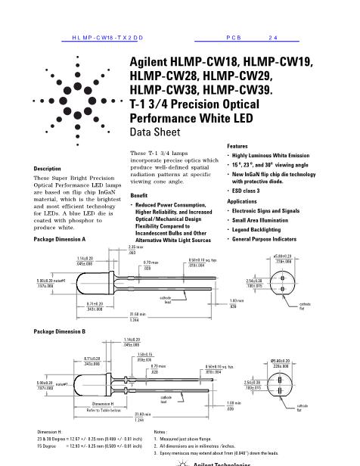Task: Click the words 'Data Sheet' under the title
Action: pyautogui.click(x=157, y=132)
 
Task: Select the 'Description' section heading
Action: pyautogui.click(x=48, y=168)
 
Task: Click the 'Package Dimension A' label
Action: pyautogui.click(x=60, y=239)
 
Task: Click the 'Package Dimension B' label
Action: pyautogui.click(x=60, y=332)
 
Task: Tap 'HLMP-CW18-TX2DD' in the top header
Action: pyautogui.click(x=102, y=36)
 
